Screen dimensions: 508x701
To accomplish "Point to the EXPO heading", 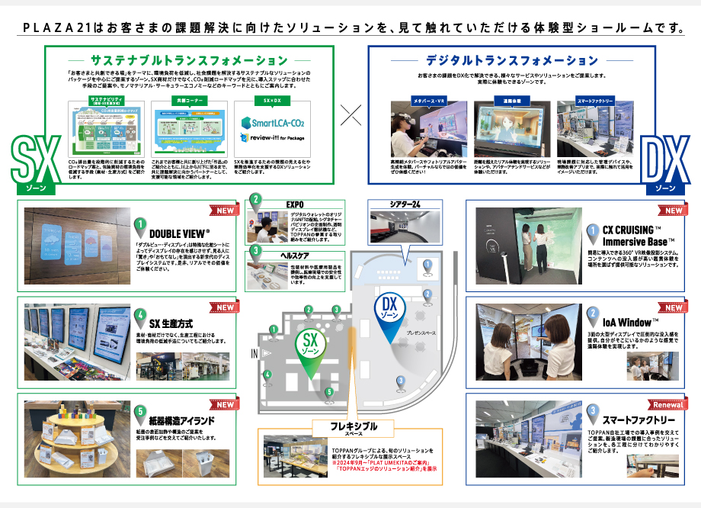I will pyautogui.click(x=295, y=204).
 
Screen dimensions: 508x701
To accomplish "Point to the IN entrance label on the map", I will pyautogui.click(x=254, y=355).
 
